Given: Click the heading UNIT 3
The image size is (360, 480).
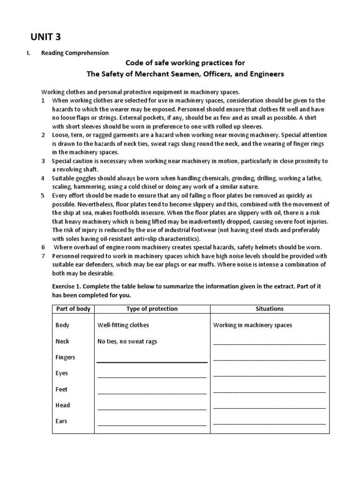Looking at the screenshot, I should pyautogui.click(x=46, y=36).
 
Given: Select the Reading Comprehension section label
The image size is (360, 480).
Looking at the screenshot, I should pyautogui.click(x=75, y=53).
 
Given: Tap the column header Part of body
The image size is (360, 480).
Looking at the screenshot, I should pyautogui.click(x=73, y=309).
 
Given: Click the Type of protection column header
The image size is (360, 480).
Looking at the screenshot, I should pyautogui.click(x=152, y=309).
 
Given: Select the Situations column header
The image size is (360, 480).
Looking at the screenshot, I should pyautogui.click(x=270, y=309).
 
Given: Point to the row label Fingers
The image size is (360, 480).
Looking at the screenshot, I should pyautogui.click(x=65, y=357).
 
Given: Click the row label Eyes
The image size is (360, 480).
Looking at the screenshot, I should pyautogui.click(x=62, y=373).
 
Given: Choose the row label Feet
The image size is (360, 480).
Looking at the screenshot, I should pyautogui.click(x=61, y=389).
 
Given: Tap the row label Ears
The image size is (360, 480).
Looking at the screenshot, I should pyautogui.click(x=61, y=421).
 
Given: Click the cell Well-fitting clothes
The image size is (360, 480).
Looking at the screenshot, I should pyautogui.click(x=123, y=325).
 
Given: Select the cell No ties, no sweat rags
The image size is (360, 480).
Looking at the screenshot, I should pyautogui.click(x=127, y=341).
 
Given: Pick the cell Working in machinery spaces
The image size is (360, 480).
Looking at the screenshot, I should pyautogui.click(x=253, y=325).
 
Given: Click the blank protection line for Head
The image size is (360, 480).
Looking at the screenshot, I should pyautogui.click(x=152, y=408).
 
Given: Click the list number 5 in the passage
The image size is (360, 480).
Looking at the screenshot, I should pyautogui.click(x=43, y=195).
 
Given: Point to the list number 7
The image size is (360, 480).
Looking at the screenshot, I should pyautogui.click(x=43, y=256).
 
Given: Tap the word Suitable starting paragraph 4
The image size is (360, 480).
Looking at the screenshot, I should pyautogui.click(x=63, y=179).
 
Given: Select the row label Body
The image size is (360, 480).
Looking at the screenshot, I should pyautogui.click(x=62, y=325).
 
